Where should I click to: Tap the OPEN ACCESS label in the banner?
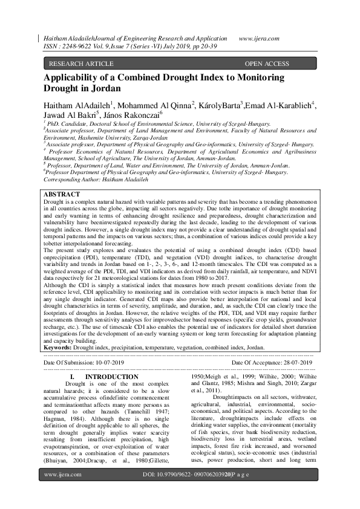(x=267, y=63)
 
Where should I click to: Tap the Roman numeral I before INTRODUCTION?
(x=73, y=377)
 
